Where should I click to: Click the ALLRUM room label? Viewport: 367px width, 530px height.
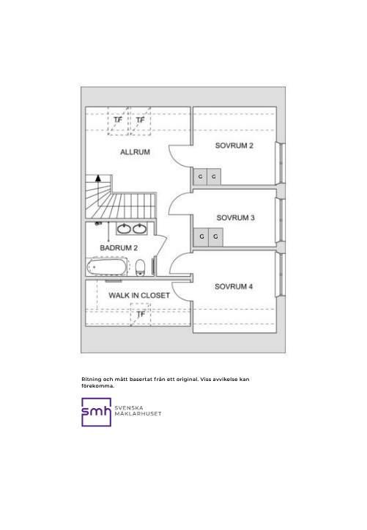coord(135,152)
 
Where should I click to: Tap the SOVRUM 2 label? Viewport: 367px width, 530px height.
coord(234,145)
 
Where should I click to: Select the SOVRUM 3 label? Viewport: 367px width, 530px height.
coord(235,218)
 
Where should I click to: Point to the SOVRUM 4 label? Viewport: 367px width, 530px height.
coord(234,286)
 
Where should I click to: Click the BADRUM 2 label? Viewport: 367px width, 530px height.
coord(119,248)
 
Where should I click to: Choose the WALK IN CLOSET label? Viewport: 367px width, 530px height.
coord(139,295)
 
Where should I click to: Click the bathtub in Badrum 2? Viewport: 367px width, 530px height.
coord(107,267)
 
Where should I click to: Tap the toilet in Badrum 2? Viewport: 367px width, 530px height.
coord(141,267)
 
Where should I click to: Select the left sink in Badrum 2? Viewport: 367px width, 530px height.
coord(124,229)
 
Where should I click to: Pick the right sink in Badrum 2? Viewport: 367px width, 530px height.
coord(140,229)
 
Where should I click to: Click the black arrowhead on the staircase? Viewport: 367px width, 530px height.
coord(98,178)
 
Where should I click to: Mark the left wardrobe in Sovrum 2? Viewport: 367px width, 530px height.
coord(201,177)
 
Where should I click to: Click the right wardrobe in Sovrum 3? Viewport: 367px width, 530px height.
coord(215,236)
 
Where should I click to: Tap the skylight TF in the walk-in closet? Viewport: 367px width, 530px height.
coord(141,314)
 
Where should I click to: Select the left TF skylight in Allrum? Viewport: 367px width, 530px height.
coord(118,120)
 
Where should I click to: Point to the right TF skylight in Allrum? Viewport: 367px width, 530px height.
coord(141,120)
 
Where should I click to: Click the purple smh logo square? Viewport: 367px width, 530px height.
coord(97,412)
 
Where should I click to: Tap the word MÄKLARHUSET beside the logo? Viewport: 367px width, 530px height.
coord(138,414)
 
